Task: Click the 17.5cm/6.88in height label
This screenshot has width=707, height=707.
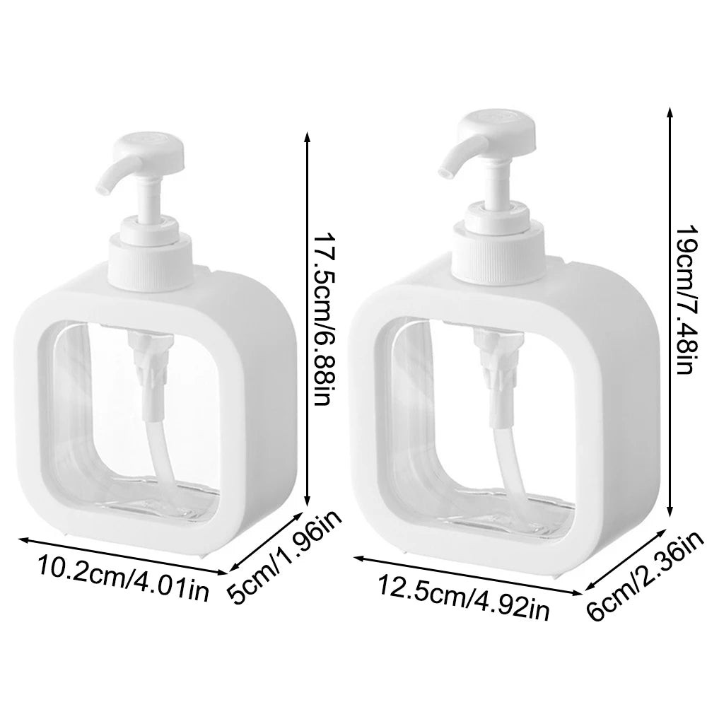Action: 322,319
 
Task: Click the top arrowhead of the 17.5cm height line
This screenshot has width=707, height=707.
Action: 306,136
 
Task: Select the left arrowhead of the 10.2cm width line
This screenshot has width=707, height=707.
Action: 21,539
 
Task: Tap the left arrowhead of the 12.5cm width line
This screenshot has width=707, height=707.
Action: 356,558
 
